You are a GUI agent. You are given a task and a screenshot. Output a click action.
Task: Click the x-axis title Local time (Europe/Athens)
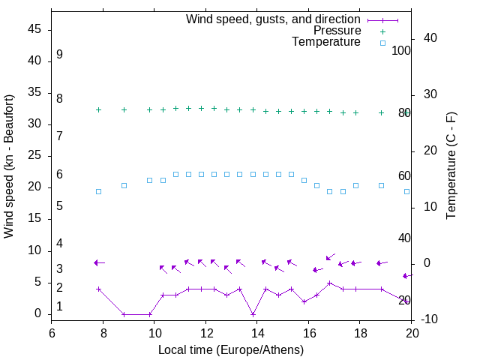point(231,350)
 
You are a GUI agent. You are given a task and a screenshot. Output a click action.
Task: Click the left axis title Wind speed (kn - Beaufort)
point(9,166)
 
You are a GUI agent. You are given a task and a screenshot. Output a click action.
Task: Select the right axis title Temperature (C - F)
point(451,166)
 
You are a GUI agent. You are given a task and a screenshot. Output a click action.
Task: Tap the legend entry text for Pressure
point(337,31)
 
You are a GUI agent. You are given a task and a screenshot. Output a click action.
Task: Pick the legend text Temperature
point(326,43)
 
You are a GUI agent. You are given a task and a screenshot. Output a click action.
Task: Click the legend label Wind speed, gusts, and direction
point(273,19)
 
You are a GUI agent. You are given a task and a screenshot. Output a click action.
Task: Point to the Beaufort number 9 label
point(59,55)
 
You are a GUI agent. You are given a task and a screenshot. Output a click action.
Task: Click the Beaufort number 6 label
point(59,174)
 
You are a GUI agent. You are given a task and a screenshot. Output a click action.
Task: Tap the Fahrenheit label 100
point(401,51)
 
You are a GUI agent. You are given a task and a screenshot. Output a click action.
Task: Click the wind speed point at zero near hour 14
point(253,314)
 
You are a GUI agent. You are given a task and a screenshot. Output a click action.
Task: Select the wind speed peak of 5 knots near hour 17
point(329,283)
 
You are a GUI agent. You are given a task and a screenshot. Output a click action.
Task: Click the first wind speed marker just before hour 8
point(98,289)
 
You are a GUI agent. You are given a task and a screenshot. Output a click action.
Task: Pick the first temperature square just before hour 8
point(98,191)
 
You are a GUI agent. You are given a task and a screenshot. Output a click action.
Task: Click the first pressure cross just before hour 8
point(98,109)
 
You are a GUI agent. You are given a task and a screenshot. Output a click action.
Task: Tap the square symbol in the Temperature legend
point(382,43)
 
